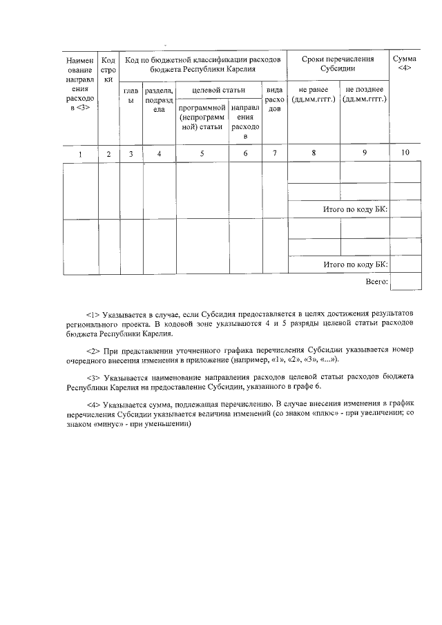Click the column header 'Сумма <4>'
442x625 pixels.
click(405, 64)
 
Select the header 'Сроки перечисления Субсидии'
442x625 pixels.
click(338, 64)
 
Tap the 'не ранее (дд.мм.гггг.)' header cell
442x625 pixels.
click(314, 95)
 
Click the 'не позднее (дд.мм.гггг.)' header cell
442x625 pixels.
click(365, 95)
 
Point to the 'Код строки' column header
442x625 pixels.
click(108, 70)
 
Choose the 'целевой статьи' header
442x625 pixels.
click(218, 90)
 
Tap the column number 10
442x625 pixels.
click(405, 154)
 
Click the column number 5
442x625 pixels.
click(202, 154)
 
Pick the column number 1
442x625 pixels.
click(79, 154)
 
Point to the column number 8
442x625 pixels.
click(314, 154)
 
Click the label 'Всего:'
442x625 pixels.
click(376, 282)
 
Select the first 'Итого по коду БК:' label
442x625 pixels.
click(356, 209)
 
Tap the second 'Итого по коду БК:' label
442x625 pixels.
click(356, 265)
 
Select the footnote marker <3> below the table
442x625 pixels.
click(93, 378)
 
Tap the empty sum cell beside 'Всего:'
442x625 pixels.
click(405, 282)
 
